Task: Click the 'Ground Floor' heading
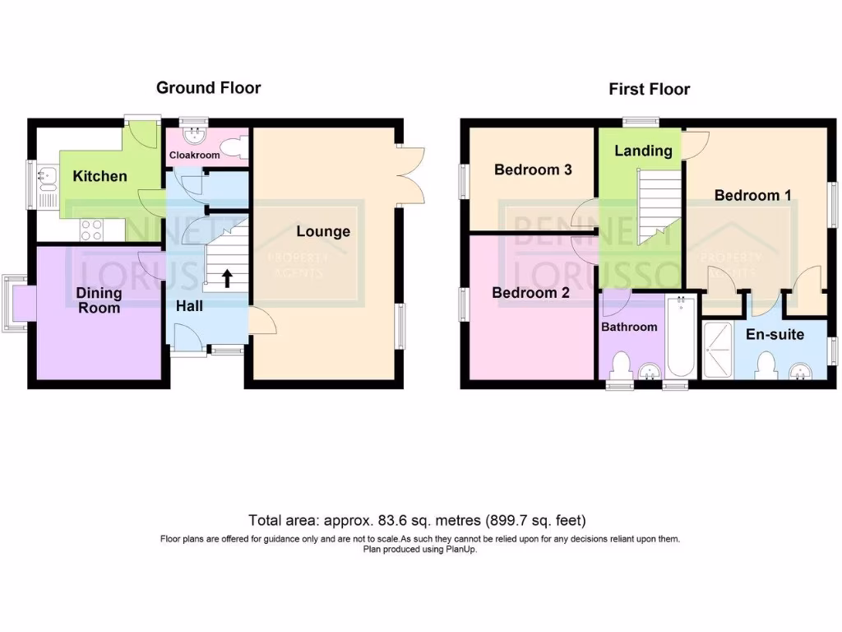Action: [x=208, y=87]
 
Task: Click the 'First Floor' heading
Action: [x=649, y=89]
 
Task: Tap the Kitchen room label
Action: [x=99, y=176]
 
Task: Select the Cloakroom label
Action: [x=194, y=155]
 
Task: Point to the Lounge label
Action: [x=323, y=231]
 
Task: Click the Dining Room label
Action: [x=99, y=300]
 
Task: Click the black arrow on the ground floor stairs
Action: [x=226, y=278]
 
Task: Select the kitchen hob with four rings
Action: [x=91, y=230]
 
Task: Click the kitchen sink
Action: [x=45, y=174]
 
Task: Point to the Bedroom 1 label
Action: [x=752, y=195]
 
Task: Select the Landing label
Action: [x=643, y=151]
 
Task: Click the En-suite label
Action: [x=775, y=335]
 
